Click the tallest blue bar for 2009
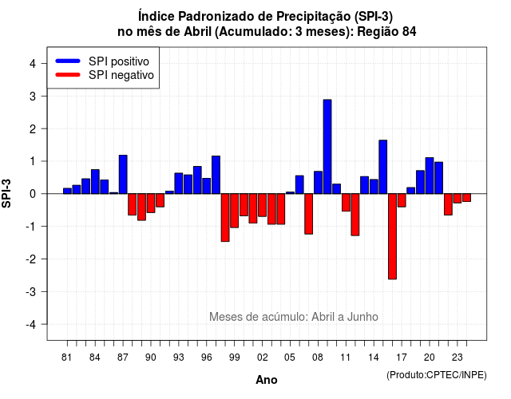tap(327, 147)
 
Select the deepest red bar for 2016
tap(392, 236)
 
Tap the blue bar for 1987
tap(123, 174)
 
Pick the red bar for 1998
tap(225, 218)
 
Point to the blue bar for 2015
tap(383, 167)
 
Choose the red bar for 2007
tap(309, 214)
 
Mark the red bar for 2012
tap(355, 215)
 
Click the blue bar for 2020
tap(430, 176)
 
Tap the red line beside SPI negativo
tap(68, 75)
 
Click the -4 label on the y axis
tap(31, 324)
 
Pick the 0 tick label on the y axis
tap(33, 194)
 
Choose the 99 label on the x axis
tap(234, 358)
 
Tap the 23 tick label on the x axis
tap(458, 358)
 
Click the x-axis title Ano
tap(267, 380)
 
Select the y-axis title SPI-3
tap(6, 193)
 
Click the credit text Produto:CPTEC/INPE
tap(437, 375)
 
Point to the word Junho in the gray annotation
tap(362, 317)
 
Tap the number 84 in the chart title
tap(410, 32)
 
